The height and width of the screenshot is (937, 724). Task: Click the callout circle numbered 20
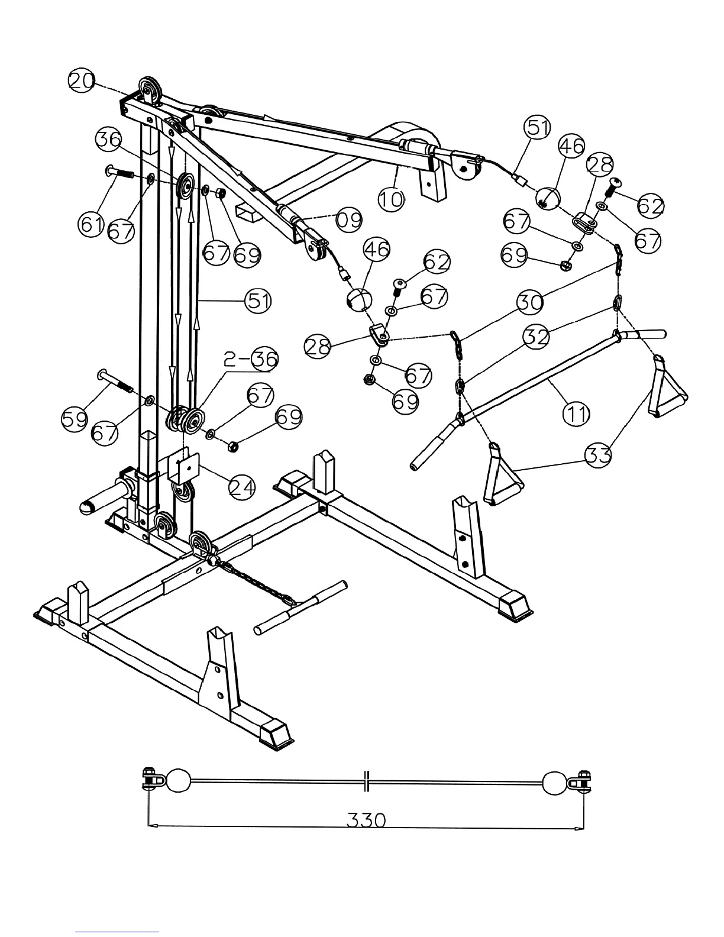(x=82, y=80)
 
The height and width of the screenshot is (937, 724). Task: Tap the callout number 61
(x=90, y=225)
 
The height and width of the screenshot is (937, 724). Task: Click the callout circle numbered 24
(x=243, y=487)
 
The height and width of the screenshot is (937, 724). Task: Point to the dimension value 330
(x=366, y=820)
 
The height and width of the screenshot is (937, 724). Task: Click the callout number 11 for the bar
(x=576, y=414)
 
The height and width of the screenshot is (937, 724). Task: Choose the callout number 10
(x=391, y=199)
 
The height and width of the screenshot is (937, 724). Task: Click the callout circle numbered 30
(x=531, y=302)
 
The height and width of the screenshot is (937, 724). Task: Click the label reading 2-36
(x=250, y=359)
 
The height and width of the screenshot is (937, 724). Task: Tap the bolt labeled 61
(x=121, y=174)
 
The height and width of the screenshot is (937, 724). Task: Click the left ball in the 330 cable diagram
(x=179, y=781)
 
